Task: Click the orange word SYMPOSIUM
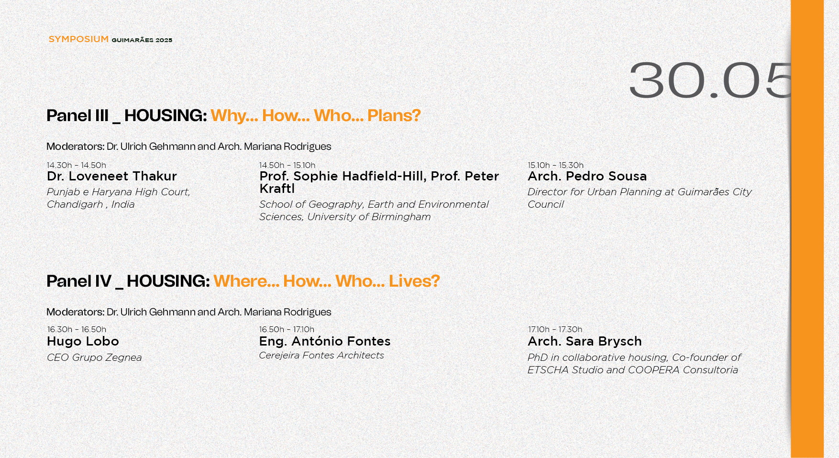pos(78,39)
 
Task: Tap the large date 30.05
pos(710,80)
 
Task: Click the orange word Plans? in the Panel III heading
pos(394,116)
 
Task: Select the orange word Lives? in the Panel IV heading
pos(414,281)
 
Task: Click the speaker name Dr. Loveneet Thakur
pos(112,177)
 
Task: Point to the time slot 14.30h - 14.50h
pos(77,165)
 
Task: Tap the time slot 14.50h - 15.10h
pos(287,165)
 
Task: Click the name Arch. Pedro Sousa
pos(587,177)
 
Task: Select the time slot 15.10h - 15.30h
pos(555,165)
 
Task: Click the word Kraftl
pos(277,189)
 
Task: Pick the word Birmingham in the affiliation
pos(401,217)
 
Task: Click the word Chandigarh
pos(75,204)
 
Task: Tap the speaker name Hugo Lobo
pos(83,342)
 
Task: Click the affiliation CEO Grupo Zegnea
pos(94,357)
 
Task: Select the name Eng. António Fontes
pos(325,342)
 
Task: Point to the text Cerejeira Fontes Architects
pos(321,356)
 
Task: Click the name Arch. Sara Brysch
pos(585,342)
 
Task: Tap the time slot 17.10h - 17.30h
pos(555,329)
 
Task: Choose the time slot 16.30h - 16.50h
pos(77,329)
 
